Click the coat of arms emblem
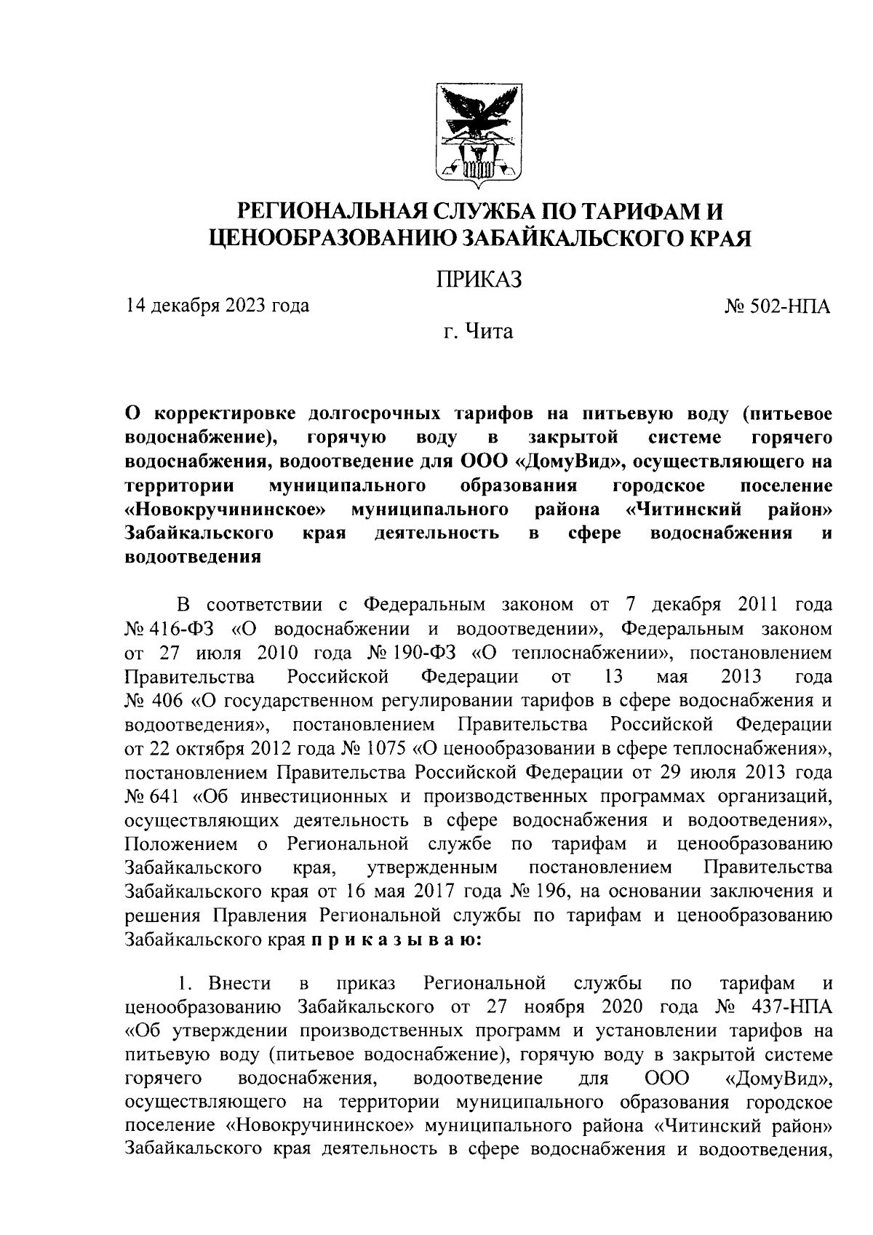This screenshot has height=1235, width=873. pyautogui.click(x=478, y=135)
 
